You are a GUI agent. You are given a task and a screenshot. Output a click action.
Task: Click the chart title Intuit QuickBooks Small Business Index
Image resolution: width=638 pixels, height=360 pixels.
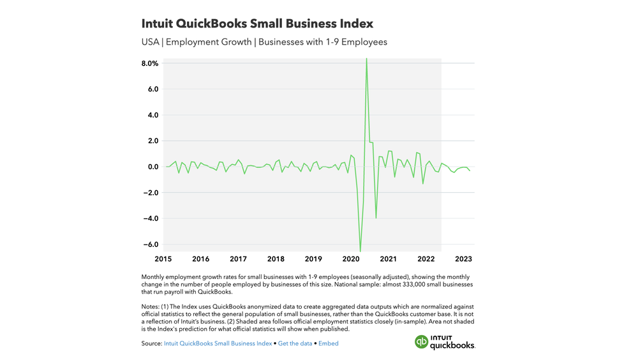[x=257, y=24]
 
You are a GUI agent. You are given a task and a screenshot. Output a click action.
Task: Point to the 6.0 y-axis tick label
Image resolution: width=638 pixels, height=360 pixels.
[x=152, y=89]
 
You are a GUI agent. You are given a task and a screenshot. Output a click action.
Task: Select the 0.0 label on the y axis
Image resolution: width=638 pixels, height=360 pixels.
[x=152, y=167]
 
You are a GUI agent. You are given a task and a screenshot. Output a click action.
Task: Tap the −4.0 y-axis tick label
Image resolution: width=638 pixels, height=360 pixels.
[x=150, y=218]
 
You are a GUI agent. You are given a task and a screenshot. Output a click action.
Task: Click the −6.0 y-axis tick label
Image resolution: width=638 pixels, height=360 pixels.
[x=150, y=244]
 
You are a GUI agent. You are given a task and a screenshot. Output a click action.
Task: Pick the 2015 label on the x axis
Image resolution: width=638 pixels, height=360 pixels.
[x=163, y=259]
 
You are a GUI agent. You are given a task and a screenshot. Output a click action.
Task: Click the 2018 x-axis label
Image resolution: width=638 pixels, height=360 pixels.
[x=276, y=259]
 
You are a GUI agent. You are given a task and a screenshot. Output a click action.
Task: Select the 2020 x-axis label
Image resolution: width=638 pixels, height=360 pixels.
[x=351, y=259]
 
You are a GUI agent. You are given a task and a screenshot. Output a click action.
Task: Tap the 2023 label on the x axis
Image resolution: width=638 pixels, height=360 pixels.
[x=463, y=259]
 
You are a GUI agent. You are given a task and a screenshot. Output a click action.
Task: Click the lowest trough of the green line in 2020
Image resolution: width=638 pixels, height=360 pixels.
[x=360, y=251]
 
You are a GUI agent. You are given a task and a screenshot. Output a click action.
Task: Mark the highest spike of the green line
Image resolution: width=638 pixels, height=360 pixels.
[x=366, y=59]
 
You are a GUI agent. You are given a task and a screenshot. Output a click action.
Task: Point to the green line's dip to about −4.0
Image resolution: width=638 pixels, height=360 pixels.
[x=376, y=218]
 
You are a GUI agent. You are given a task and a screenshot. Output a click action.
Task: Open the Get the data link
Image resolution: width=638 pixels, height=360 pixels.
[x=295, y=343]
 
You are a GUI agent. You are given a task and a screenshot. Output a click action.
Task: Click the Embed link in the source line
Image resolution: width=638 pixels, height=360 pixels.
[x=329, y=343]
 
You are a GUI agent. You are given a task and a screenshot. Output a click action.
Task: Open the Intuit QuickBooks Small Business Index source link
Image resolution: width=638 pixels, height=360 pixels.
[x=218, y=343]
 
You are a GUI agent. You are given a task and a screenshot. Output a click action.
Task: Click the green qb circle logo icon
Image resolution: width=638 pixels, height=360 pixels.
[x=421, y=342]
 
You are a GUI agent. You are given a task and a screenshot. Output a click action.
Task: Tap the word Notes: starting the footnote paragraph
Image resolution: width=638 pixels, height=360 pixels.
[x=151, y=307]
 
